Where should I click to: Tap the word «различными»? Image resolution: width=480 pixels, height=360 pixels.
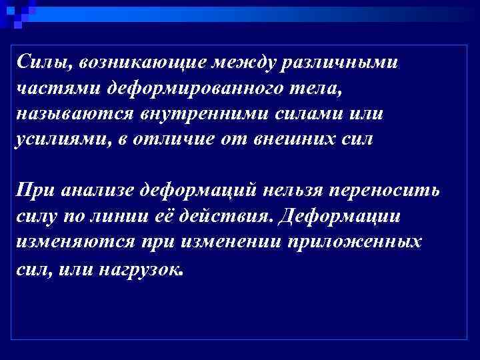(x=341, y=63)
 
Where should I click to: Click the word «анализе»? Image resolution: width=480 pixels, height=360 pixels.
(x=99, y=191)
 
